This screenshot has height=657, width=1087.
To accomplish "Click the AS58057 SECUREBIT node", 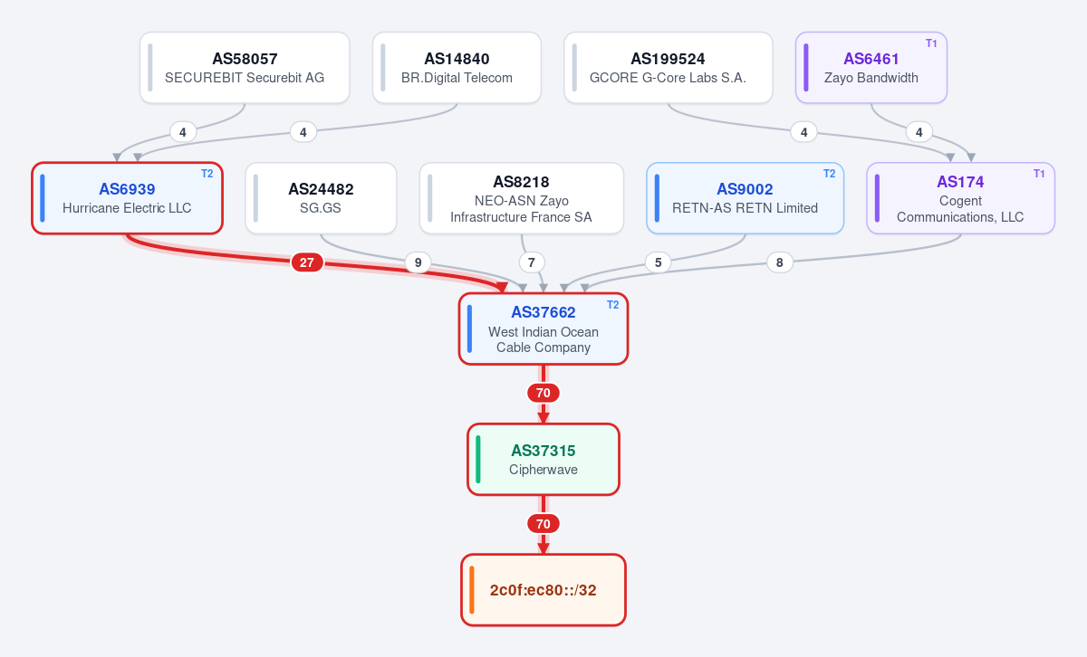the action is [245, 67].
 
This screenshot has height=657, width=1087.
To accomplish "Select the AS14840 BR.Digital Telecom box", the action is [457, 67].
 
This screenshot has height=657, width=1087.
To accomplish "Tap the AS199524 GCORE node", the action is [669, 67].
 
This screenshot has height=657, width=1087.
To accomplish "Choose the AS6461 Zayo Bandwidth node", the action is [871, 67].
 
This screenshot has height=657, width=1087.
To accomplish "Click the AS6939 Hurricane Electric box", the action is [127, 198].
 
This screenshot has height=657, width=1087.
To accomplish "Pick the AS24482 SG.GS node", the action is [321, 198].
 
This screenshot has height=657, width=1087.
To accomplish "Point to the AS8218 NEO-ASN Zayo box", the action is [521, 198].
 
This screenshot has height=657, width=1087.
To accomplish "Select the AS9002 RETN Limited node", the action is [745, 198].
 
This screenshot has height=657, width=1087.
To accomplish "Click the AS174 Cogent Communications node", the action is [960, 198].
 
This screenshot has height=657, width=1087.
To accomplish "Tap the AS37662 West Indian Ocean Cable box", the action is [543, 328].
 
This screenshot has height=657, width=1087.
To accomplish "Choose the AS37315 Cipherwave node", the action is [543, 459].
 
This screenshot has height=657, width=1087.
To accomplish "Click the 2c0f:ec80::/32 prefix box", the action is [543, 590].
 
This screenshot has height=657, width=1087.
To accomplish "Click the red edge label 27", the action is [307, 262].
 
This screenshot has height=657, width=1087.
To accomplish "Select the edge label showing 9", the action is [418, 262].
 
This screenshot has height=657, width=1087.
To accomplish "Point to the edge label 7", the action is [532, 262].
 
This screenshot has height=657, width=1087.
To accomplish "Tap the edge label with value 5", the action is [658, 262].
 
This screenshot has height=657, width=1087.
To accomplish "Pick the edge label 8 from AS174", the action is [779, 262].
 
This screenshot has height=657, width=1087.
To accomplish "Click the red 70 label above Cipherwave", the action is [543, 393].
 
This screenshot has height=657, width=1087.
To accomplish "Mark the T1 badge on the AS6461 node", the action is [931, 43].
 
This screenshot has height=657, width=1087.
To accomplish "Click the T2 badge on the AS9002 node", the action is [829, 174].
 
